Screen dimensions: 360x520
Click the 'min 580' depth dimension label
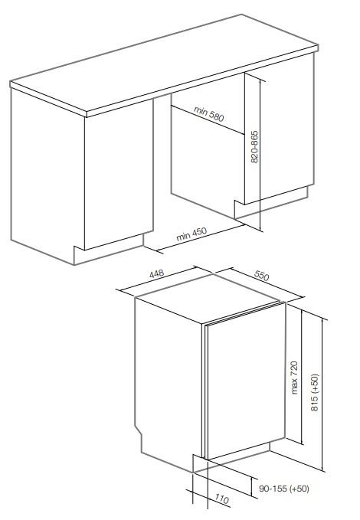(209, 114)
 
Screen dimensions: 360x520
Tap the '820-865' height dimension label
(254, 146)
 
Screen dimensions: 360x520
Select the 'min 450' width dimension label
(191, 234)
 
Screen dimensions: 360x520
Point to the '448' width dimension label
(156, 274)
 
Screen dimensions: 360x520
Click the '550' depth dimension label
(261, 275)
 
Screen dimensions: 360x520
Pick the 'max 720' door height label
(294, 378)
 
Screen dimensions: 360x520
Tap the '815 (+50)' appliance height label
(315, 392)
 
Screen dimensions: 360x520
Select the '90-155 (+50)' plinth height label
(284, 489)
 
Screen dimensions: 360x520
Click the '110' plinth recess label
(221, 499)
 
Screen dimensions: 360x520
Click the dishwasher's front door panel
(246, 381)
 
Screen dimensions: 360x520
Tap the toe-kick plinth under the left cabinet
(109, 250)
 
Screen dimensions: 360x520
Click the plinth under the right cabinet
(270, 202)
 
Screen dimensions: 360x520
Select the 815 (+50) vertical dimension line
(322, 394)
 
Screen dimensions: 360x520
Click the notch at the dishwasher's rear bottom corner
(138, 432)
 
